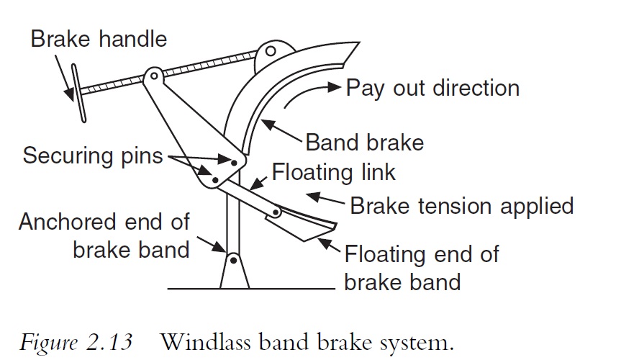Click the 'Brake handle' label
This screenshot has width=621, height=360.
pyautogui.click(x=99, y=39)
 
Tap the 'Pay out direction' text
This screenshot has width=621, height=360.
pyautogui.click(x=432, y=88)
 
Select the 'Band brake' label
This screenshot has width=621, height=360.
pyautogui.click(x=365, y=142)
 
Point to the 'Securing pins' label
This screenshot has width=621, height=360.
pyautogui.click(x=93, y=156)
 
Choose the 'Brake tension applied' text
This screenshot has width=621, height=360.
pyautogui.click(x=461, y=206)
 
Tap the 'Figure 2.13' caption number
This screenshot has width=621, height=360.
pyautogui.click(x=76, y=341)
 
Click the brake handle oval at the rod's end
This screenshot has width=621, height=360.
pyautogui.click(x=76, y=92)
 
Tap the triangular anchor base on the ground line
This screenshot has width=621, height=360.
pyautogui.click(x=233, y=273)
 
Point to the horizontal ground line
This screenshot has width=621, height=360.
pyautogui.click(x=252, y=289)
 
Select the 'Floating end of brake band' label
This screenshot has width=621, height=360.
pyautogui.click(x=421, y=267)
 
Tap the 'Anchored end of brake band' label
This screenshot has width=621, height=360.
pyautogui.click(x=104, y=237)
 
